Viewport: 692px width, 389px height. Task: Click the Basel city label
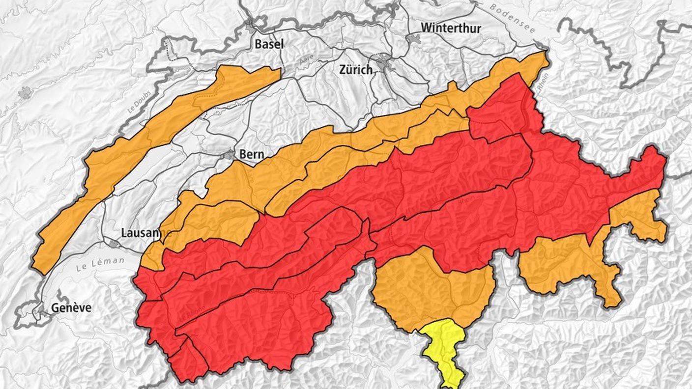pos(269,44)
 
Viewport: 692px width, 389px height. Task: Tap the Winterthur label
pos(451,28)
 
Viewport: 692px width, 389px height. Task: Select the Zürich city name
pos(356,70)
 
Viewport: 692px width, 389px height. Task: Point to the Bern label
pos(252,154)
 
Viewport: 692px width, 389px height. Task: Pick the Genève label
pos(71,308)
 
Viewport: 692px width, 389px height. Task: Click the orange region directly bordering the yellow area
pos(428,290)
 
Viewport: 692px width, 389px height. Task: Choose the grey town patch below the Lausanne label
pos(115,244)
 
